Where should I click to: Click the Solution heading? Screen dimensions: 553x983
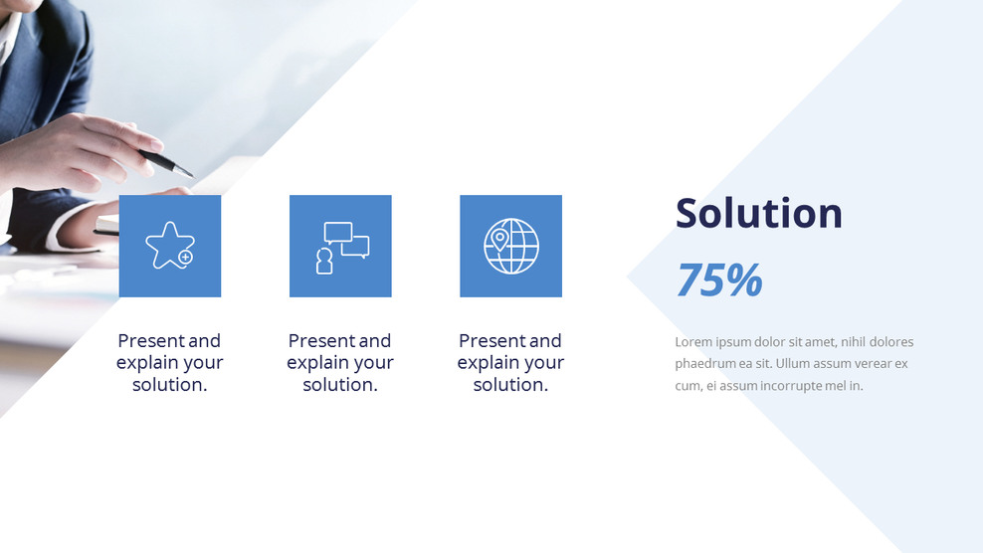758,213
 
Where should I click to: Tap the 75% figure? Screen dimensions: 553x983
718,280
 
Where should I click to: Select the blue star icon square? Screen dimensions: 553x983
170,246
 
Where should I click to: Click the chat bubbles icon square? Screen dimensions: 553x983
340,246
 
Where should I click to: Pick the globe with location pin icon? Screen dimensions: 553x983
510,246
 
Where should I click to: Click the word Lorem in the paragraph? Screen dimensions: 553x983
692,342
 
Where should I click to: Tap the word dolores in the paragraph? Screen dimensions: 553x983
890,342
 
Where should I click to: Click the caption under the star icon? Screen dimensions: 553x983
170,363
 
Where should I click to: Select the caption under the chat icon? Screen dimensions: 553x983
340,363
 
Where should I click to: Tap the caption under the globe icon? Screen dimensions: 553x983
510,363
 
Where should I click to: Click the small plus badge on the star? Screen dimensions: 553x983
185,257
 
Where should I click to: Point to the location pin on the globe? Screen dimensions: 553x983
499,240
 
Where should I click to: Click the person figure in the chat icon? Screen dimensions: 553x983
324,261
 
